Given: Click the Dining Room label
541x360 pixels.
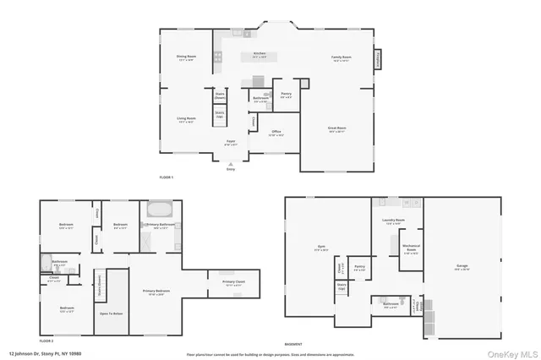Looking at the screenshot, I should coord(185,57).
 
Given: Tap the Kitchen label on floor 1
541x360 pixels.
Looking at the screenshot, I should coord(260,56).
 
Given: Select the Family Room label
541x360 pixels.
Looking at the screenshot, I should coord(341,58).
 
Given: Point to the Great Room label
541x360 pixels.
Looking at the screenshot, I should coord(336,129).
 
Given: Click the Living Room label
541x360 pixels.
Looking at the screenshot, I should coord(186,119).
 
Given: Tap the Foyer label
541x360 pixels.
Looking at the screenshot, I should coord(230,142).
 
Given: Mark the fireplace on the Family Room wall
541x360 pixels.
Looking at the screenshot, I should coord(378,59).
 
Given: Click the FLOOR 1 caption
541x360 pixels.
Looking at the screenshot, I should coord(166,177).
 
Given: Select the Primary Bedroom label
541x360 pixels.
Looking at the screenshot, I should coord(154,292).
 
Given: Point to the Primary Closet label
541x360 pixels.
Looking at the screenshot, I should coord(233,282).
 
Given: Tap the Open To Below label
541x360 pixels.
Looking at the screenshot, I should coord(111,314).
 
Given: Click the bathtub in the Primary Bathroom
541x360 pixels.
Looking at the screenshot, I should coord(159,208).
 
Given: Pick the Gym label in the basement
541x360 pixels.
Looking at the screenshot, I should coord(320,248).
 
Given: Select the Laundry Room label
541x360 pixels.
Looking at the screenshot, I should coord(394,221).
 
